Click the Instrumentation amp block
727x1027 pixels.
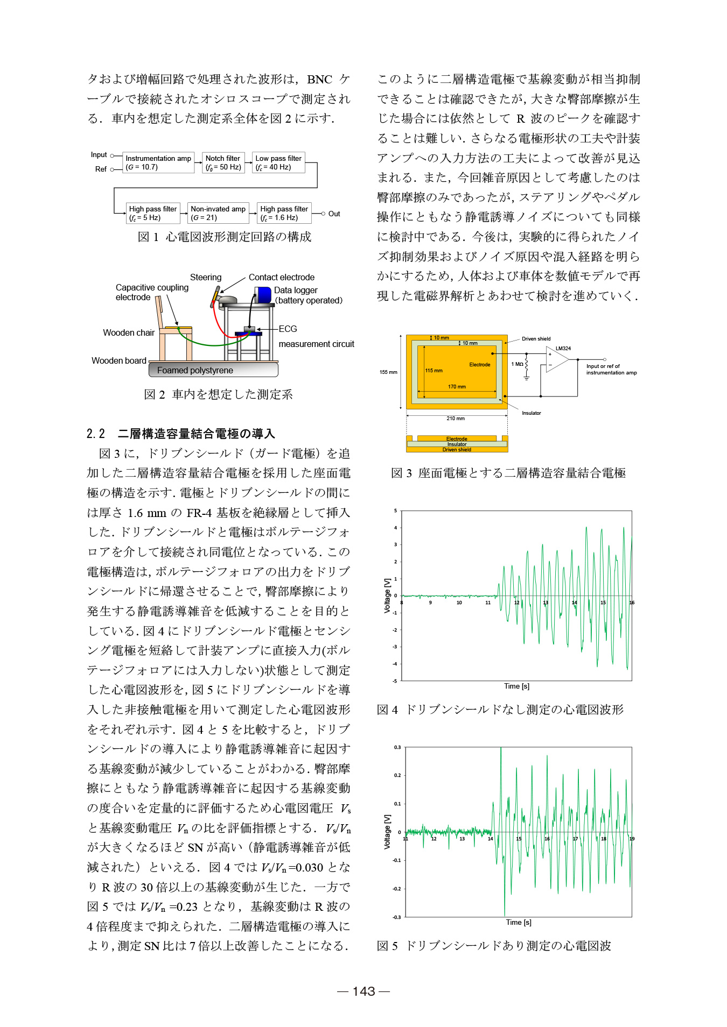[x=158, y=162]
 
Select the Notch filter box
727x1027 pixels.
[x=223, y=162]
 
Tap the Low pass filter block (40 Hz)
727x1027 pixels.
[x=278, y=162]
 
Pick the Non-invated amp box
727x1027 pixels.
[x=218, y=213]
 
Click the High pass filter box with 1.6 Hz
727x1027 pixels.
[x=284, y=213]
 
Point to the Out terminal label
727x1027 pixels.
[x=334, y=214]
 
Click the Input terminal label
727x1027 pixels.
[x=99, y=155]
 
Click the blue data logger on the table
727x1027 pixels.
[x=263, y=294]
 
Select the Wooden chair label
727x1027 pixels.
[x=129, y=332]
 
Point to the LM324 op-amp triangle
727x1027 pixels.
[x=556, y=360]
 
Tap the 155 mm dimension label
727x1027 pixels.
[x=388, y=372]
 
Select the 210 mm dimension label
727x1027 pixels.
[x=455, y=419]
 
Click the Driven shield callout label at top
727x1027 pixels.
[x=536, y=339]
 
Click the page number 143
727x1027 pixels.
[x=363, y=991]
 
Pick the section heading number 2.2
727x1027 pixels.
[x=95, y=434]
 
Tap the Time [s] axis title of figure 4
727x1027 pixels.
[x=516, y=686]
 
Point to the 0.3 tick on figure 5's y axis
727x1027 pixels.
[x=397, y=747]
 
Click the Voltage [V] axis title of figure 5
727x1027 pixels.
[x=387, y=831]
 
